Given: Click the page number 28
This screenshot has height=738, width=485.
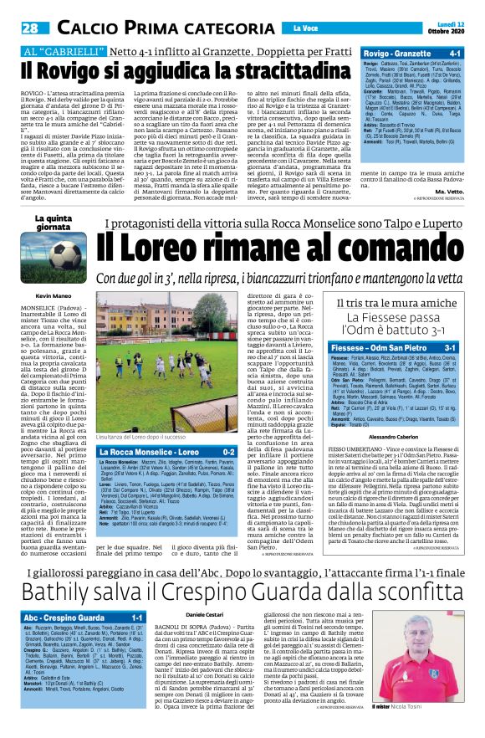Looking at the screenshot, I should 30,28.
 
